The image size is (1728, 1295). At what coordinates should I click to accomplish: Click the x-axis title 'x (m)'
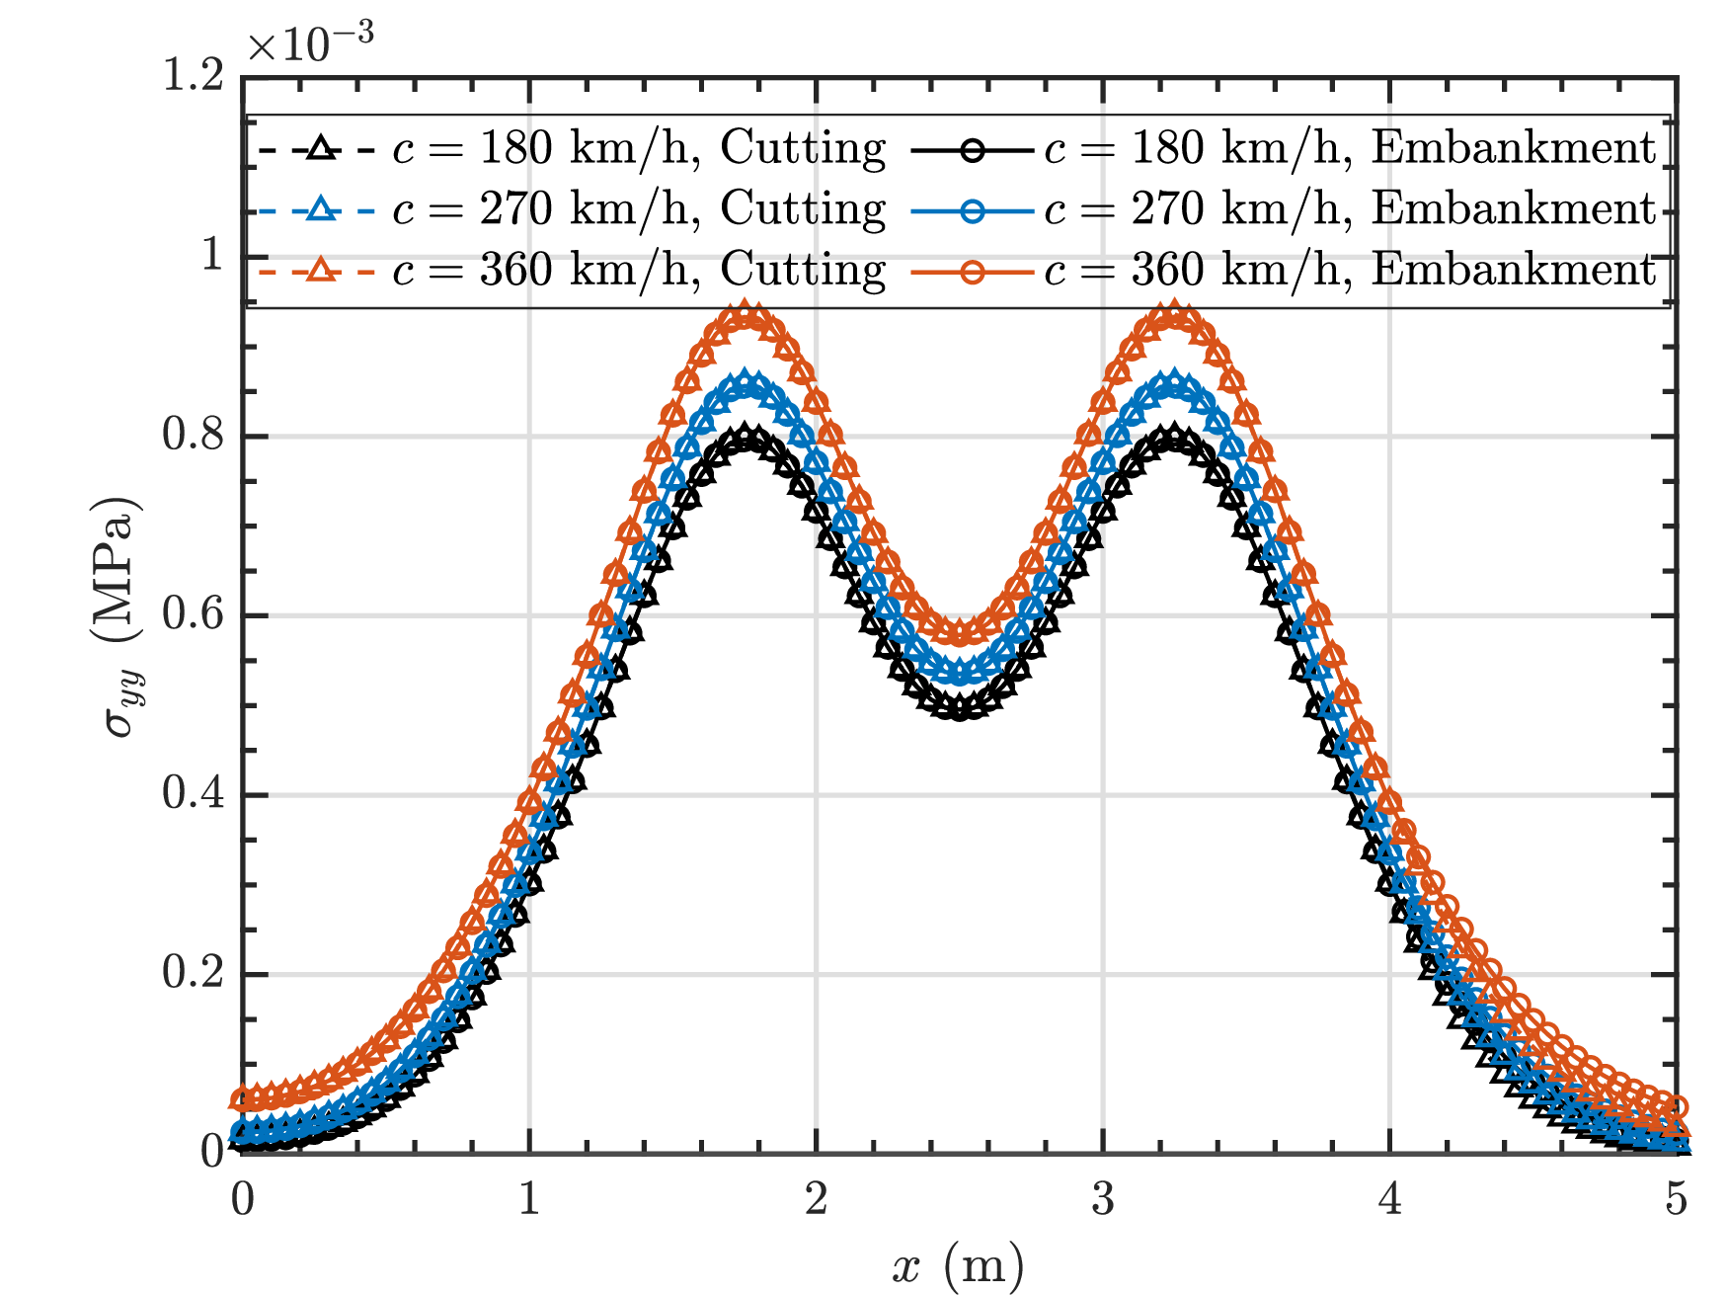pos(957,1265)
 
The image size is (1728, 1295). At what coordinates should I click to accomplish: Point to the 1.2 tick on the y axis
pos(195,75)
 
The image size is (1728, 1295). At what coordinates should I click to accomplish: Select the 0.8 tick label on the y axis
pos(195,435)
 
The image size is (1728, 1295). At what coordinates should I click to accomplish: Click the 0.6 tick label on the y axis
pos(195,614)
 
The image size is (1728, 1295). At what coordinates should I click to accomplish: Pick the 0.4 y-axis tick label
pos(195,794)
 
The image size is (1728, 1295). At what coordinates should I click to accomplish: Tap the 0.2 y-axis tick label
pos(195,974)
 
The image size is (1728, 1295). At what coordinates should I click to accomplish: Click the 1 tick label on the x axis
pos(530,1199)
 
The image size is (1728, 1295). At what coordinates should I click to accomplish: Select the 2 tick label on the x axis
pos(816,1199)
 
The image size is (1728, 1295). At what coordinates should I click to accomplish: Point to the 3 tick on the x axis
pos(1103,1199)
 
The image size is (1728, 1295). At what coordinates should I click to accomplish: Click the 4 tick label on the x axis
pos(1390,1199)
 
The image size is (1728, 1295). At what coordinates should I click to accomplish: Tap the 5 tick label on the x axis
pos(1677,1199)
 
